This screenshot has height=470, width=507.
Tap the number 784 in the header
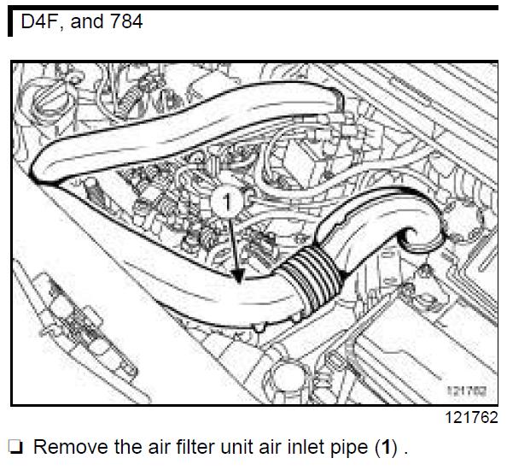(x=126, y=21)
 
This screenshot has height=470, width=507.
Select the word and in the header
(x=85, y=21)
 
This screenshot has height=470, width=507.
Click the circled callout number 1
(x=227, y=202)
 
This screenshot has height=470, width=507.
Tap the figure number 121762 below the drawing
(x=471, y=417)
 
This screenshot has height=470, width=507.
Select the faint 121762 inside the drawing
(x=467, y=391)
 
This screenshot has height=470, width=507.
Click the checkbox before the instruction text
(x=15, y=447)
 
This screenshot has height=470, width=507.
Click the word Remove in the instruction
(x=71, y=447)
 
